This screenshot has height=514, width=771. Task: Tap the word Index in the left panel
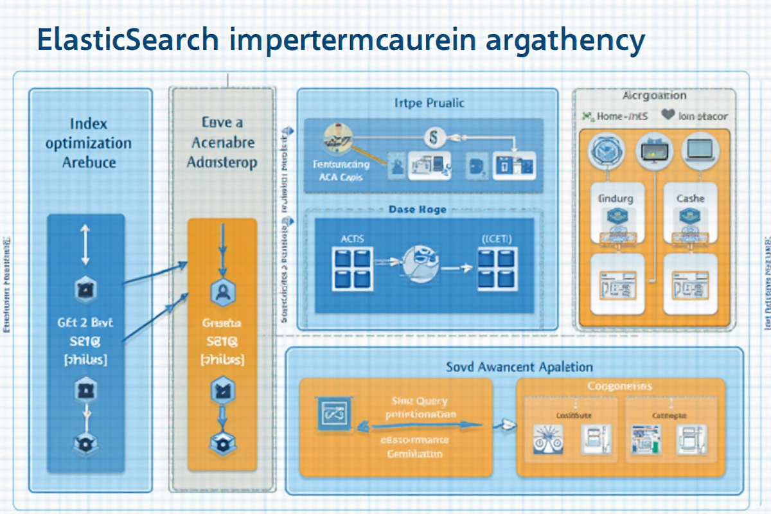[x=89, y=123]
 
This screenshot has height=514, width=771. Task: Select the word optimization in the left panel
[x=89, y=143]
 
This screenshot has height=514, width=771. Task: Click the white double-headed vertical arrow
[x=85, y=244]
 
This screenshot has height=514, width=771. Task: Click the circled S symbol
[x=432, y=136]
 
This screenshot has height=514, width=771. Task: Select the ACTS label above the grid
[x=351, y=238]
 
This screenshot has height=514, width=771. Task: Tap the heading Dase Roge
[x=418, y=209]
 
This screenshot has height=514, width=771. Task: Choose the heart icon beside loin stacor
[x=668, y=116]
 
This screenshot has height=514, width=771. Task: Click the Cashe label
[x=690, y=199]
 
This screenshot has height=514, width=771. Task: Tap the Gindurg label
[x=615, y=199]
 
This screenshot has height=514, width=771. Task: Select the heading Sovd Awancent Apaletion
[x=519, y=367]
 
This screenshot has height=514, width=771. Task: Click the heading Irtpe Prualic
[x=429, y=103]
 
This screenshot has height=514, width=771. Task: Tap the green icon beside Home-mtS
[x=586, y=116]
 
